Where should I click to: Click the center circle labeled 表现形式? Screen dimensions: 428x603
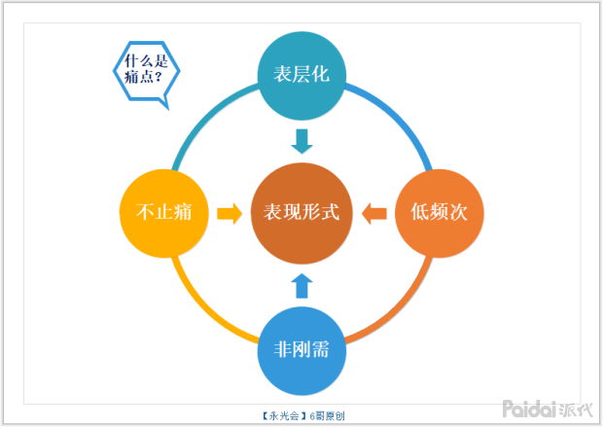point(301,212)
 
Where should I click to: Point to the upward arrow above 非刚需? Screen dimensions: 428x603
point(302,284)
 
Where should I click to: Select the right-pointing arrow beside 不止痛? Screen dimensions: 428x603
point(230,212)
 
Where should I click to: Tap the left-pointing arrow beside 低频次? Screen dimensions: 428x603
point(374,212)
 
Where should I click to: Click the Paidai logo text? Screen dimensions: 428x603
point(530,408)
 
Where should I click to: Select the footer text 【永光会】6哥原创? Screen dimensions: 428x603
point(303,416)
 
